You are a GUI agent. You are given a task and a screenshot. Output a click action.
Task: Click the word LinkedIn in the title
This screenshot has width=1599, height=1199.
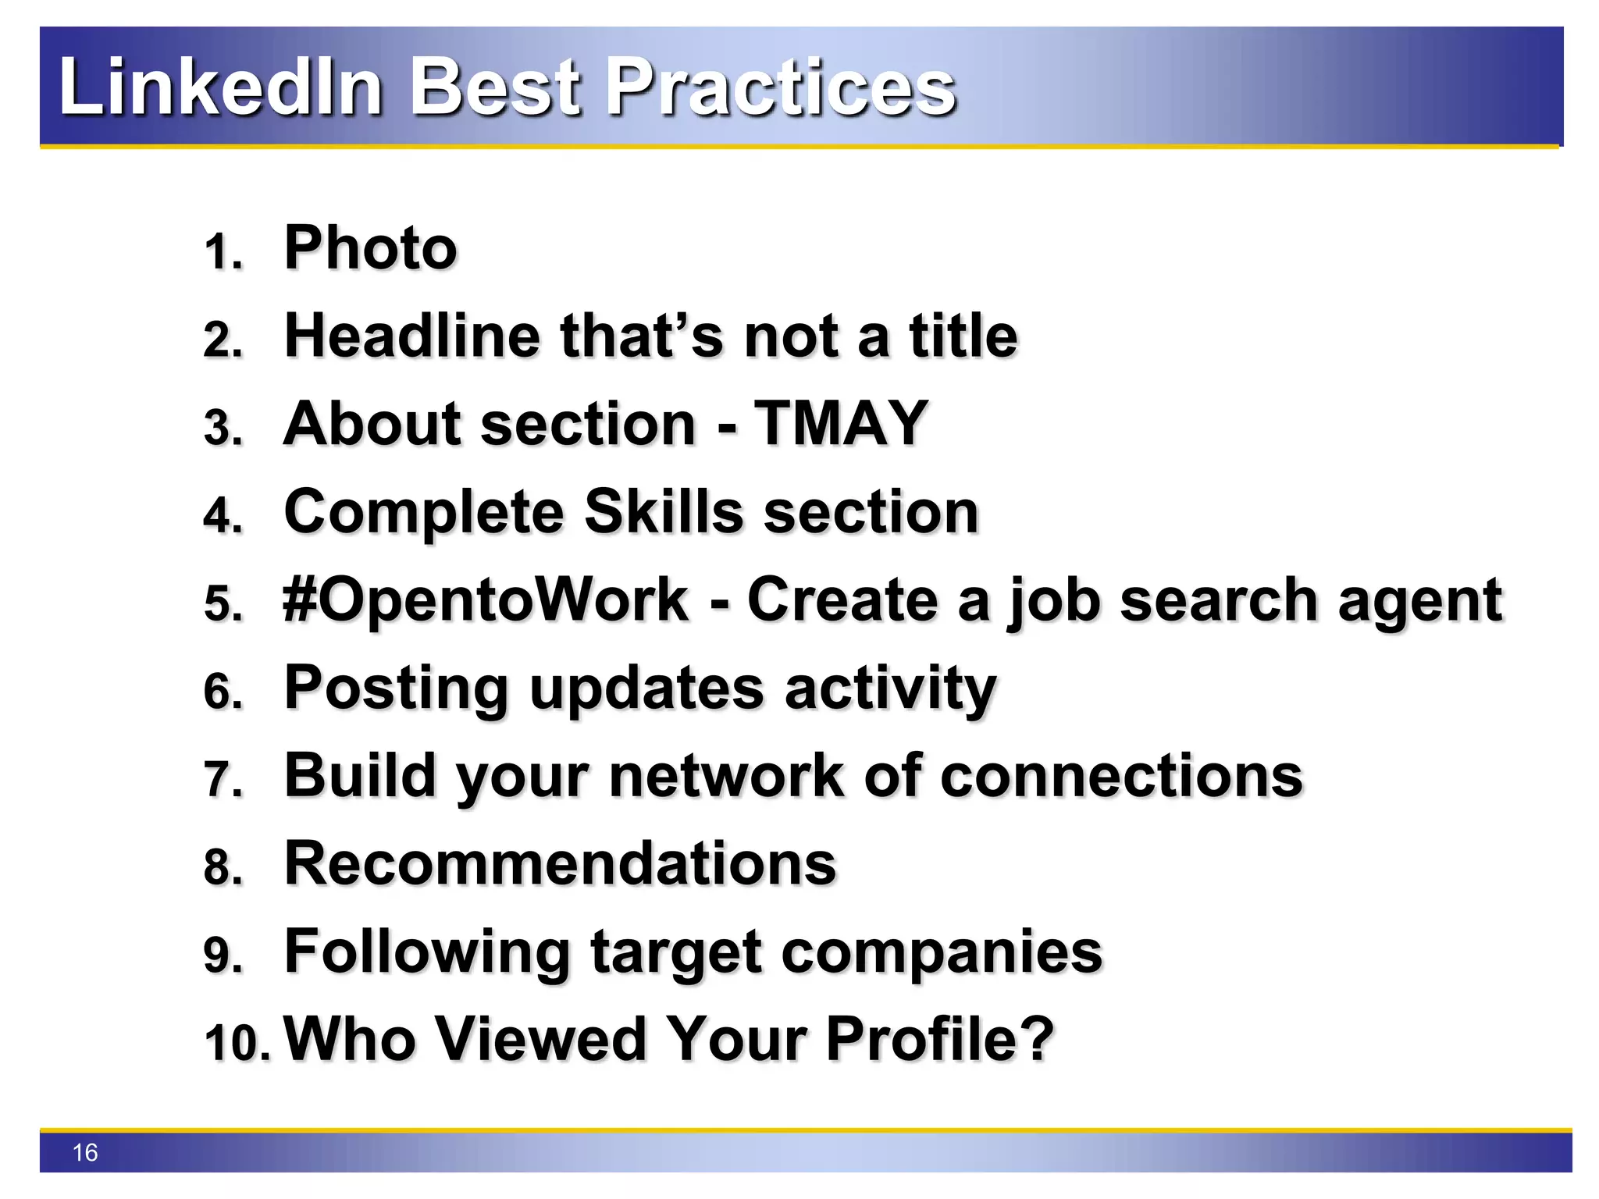[221, 87]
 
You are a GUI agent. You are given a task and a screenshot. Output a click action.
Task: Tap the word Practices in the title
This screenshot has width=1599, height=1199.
[781, 87]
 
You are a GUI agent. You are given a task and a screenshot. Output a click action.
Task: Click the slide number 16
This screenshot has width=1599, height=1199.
[84, 1152]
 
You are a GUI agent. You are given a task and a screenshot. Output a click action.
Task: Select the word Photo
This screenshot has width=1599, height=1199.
[370, 248]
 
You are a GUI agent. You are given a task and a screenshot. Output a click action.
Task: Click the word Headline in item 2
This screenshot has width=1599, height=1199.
[412, 336]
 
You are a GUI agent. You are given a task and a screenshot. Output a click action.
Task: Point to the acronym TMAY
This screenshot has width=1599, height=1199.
[841, 424]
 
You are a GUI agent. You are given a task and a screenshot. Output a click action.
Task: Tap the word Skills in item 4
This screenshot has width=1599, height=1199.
[664, 512]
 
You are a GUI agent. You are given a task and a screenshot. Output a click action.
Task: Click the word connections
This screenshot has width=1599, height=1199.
[1121, 776]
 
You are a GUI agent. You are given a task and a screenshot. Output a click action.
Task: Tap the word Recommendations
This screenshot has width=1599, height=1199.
[560, 864]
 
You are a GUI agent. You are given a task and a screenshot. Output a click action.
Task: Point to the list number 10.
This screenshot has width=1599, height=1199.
[237, 1043]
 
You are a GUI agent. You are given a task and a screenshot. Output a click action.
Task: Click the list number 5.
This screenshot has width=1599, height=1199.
[223, 604]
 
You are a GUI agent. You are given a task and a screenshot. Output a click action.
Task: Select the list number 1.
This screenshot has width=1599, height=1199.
[223, 253]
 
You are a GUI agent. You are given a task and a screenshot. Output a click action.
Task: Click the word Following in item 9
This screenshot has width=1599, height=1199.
[427, 953]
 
